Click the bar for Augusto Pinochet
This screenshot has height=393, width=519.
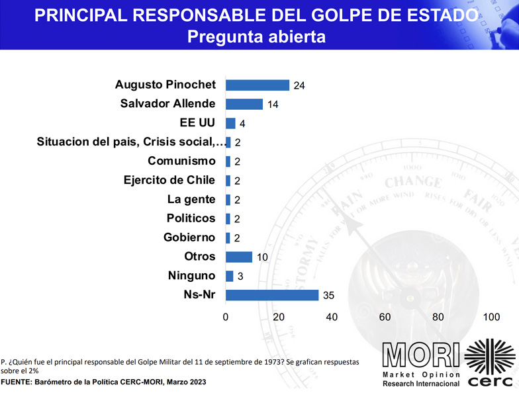point(258,85)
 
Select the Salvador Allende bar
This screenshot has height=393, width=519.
point(244,104)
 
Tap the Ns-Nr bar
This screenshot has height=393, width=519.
point(272,295)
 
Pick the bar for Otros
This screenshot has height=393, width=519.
point(239,257)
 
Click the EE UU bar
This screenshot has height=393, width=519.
point(230,123)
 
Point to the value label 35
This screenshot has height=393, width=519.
point(328,296)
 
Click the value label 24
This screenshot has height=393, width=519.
point(299,85)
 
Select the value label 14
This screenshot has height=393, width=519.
point(272,105)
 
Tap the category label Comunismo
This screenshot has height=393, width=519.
point(181,161)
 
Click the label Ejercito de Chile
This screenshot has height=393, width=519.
point(169,180)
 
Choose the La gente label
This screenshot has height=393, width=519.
point(191,199)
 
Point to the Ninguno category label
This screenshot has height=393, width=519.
point(191,276)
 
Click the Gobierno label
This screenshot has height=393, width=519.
point(189,238)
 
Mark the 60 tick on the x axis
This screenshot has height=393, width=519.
point(385,317)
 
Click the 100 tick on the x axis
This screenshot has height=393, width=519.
point(491,317)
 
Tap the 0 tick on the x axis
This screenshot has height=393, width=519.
point(226,317)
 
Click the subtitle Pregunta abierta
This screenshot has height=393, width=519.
point(256,37)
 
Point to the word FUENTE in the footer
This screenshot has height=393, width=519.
point(18,383)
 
